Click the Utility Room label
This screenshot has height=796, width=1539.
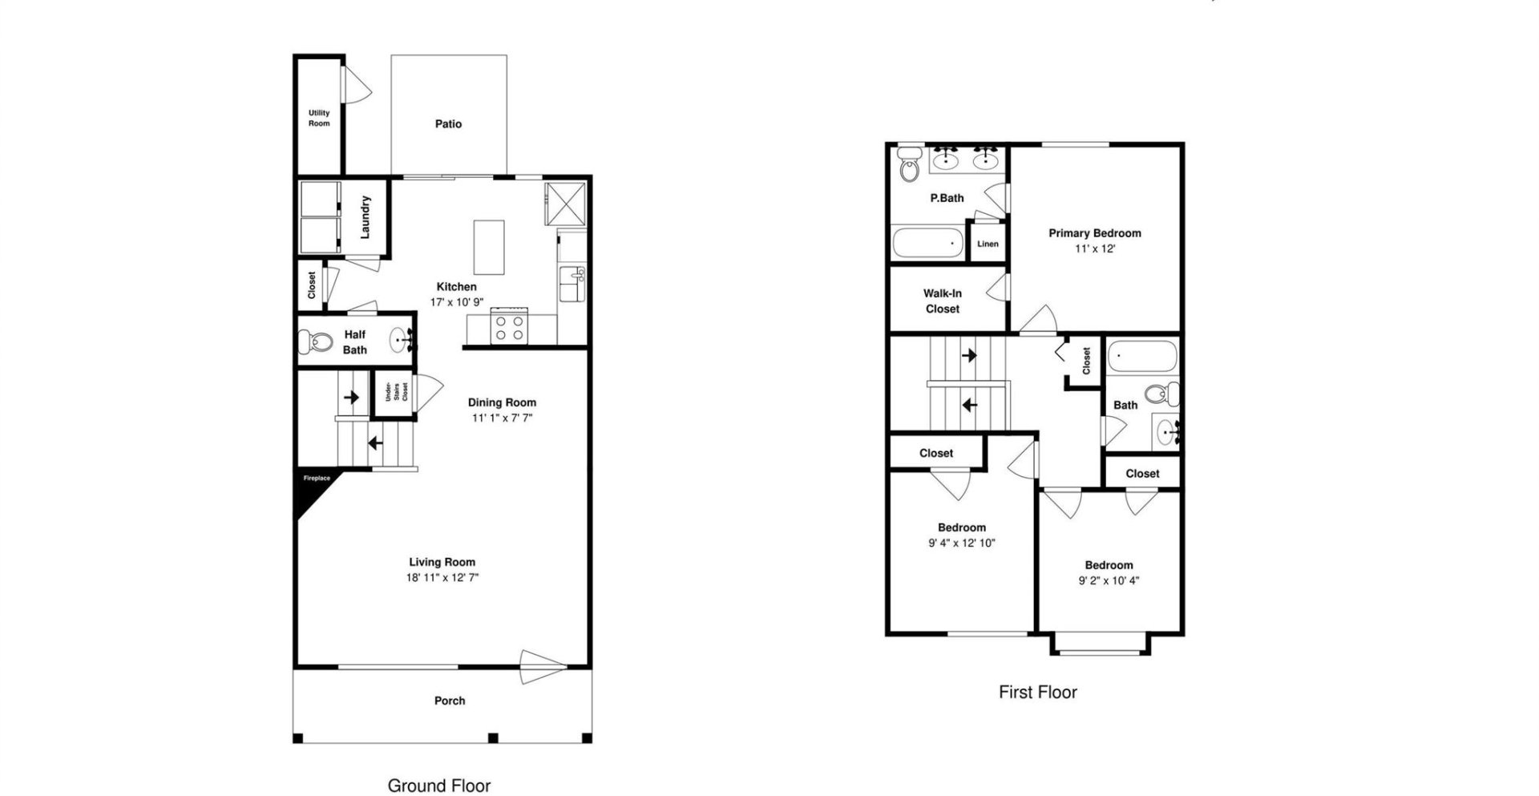(319, 118)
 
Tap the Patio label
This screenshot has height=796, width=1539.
(448, 124)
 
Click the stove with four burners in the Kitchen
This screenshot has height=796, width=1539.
(509, 327)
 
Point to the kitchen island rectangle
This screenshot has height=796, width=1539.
(489, 247)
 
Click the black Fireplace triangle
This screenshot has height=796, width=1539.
(312, 491)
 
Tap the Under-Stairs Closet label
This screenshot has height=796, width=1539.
(395, 393)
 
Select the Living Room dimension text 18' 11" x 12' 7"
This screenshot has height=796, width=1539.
(442, 577)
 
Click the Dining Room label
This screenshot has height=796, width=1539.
(502, 402)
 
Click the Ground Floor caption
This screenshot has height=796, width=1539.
(438, 786)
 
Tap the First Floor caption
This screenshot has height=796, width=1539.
(1037, 692)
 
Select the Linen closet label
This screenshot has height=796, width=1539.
(988, 244)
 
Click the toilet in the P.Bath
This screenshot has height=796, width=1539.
(910, 167)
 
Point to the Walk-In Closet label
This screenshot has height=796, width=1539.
(942, 301)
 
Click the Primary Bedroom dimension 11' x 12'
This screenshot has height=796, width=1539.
(1095, 248)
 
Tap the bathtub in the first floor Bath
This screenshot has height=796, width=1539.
(1141, 357)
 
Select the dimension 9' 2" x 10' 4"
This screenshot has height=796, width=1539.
(1109, 580)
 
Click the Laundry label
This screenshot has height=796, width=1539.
(366, 216)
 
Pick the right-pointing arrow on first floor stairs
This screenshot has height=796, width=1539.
(969, 354)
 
